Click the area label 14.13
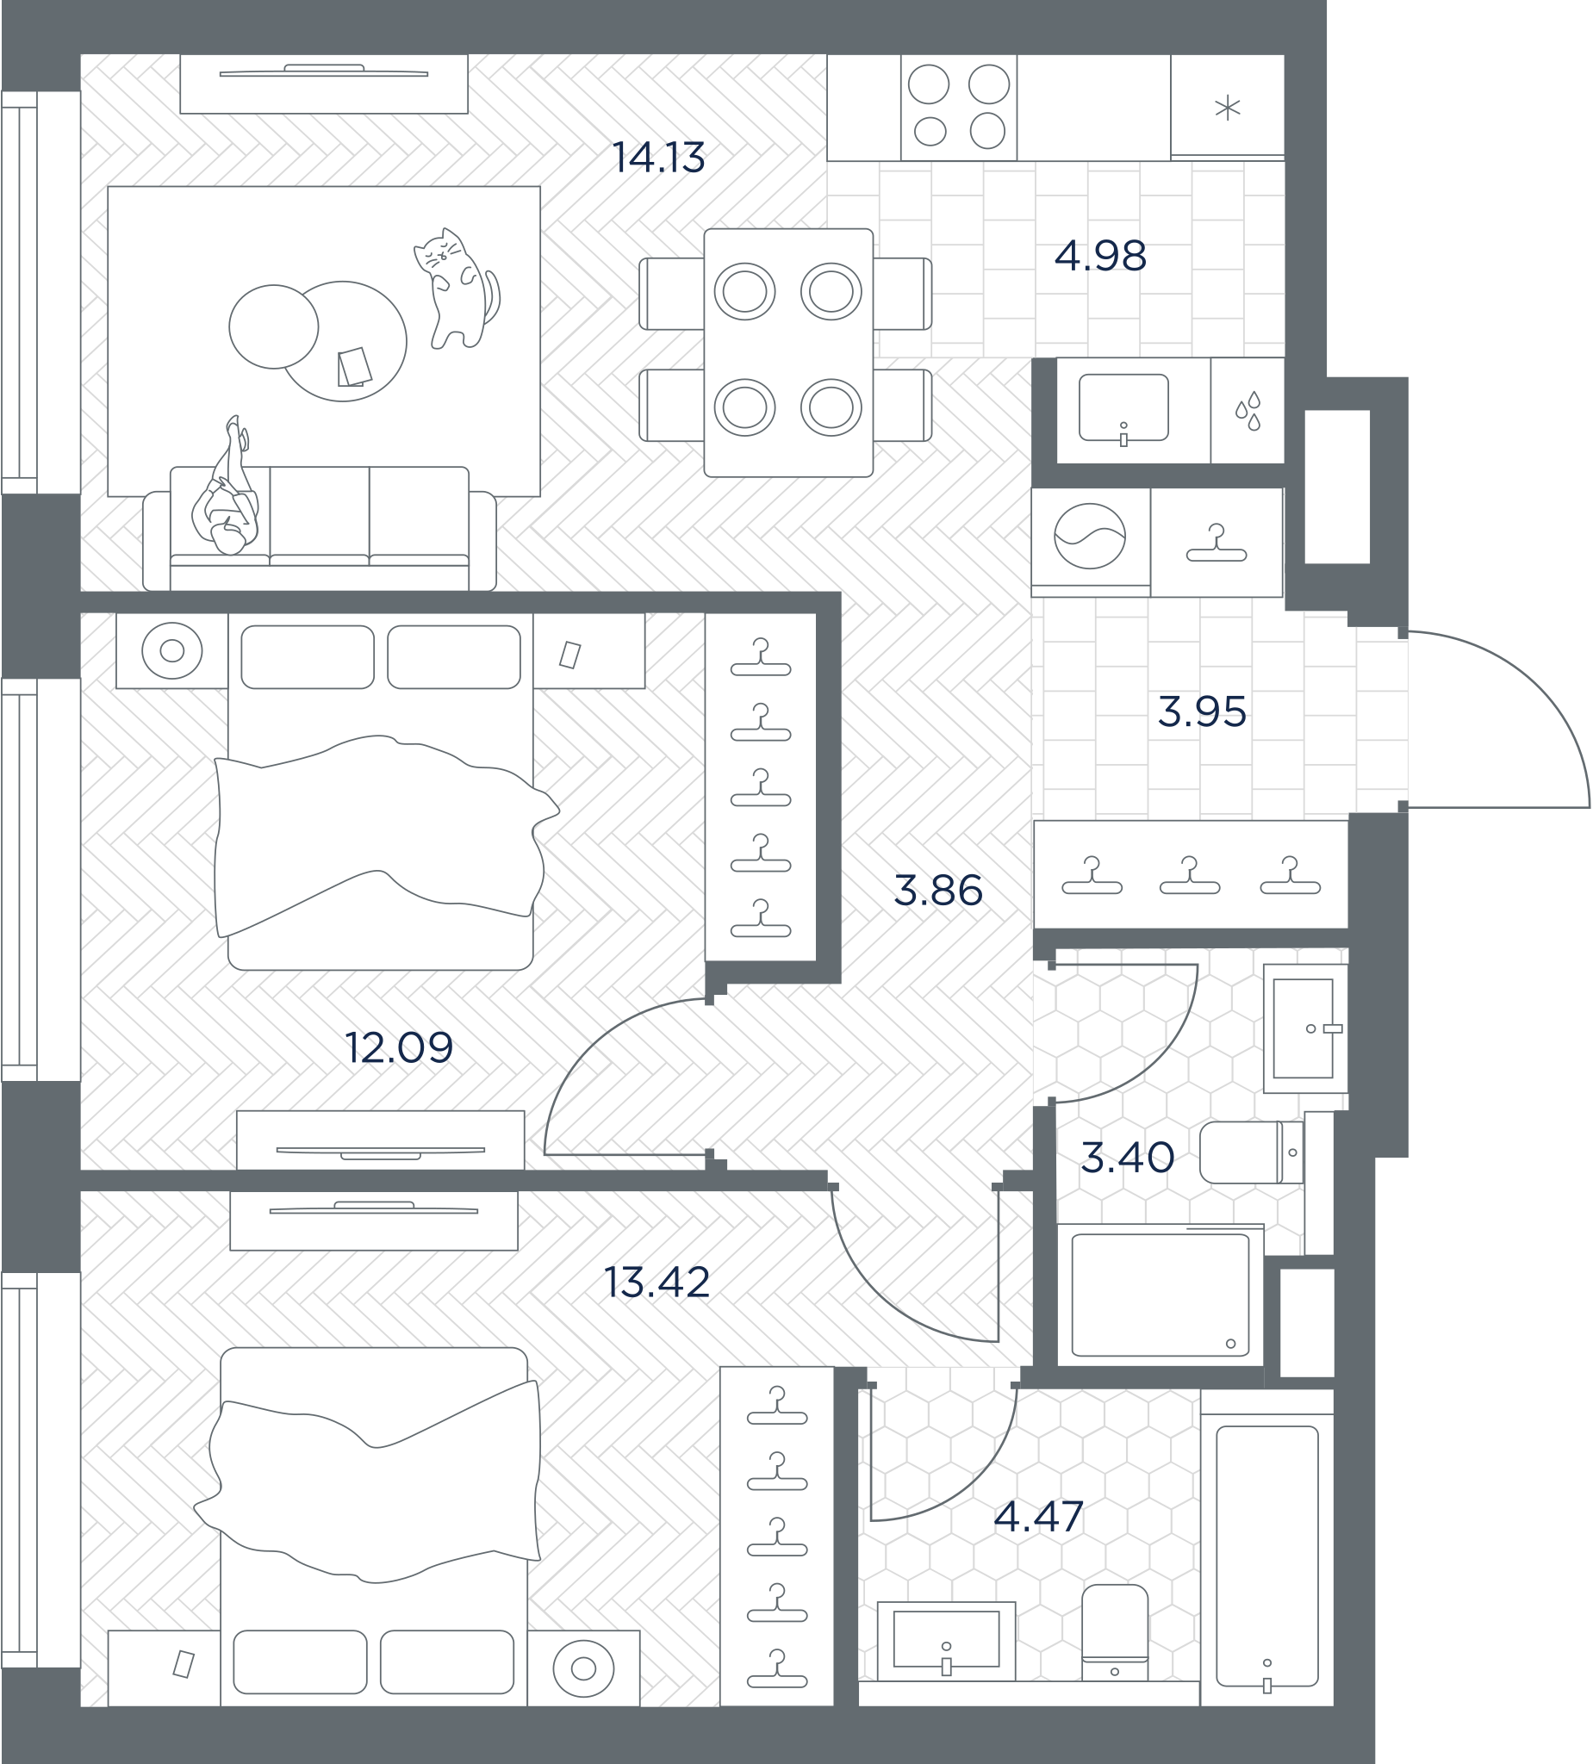[658, 158]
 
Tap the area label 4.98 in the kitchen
[1100, 257]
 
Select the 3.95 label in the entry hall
[1202, 712]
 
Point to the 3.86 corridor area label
[938, 891]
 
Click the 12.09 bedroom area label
[399, 1047]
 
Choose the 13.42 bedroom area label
[656, 1282]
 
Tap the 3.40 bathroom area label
[1128, 1158]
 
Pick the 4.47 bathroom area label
[1039, 1517]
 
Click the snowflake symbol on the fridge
[1228, 109]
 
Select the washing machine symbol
[1090, 537]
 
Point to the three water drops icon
[1248, 410]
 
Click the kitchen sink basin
[1123, 407]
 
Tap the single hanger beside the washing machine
[1216, 544]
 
